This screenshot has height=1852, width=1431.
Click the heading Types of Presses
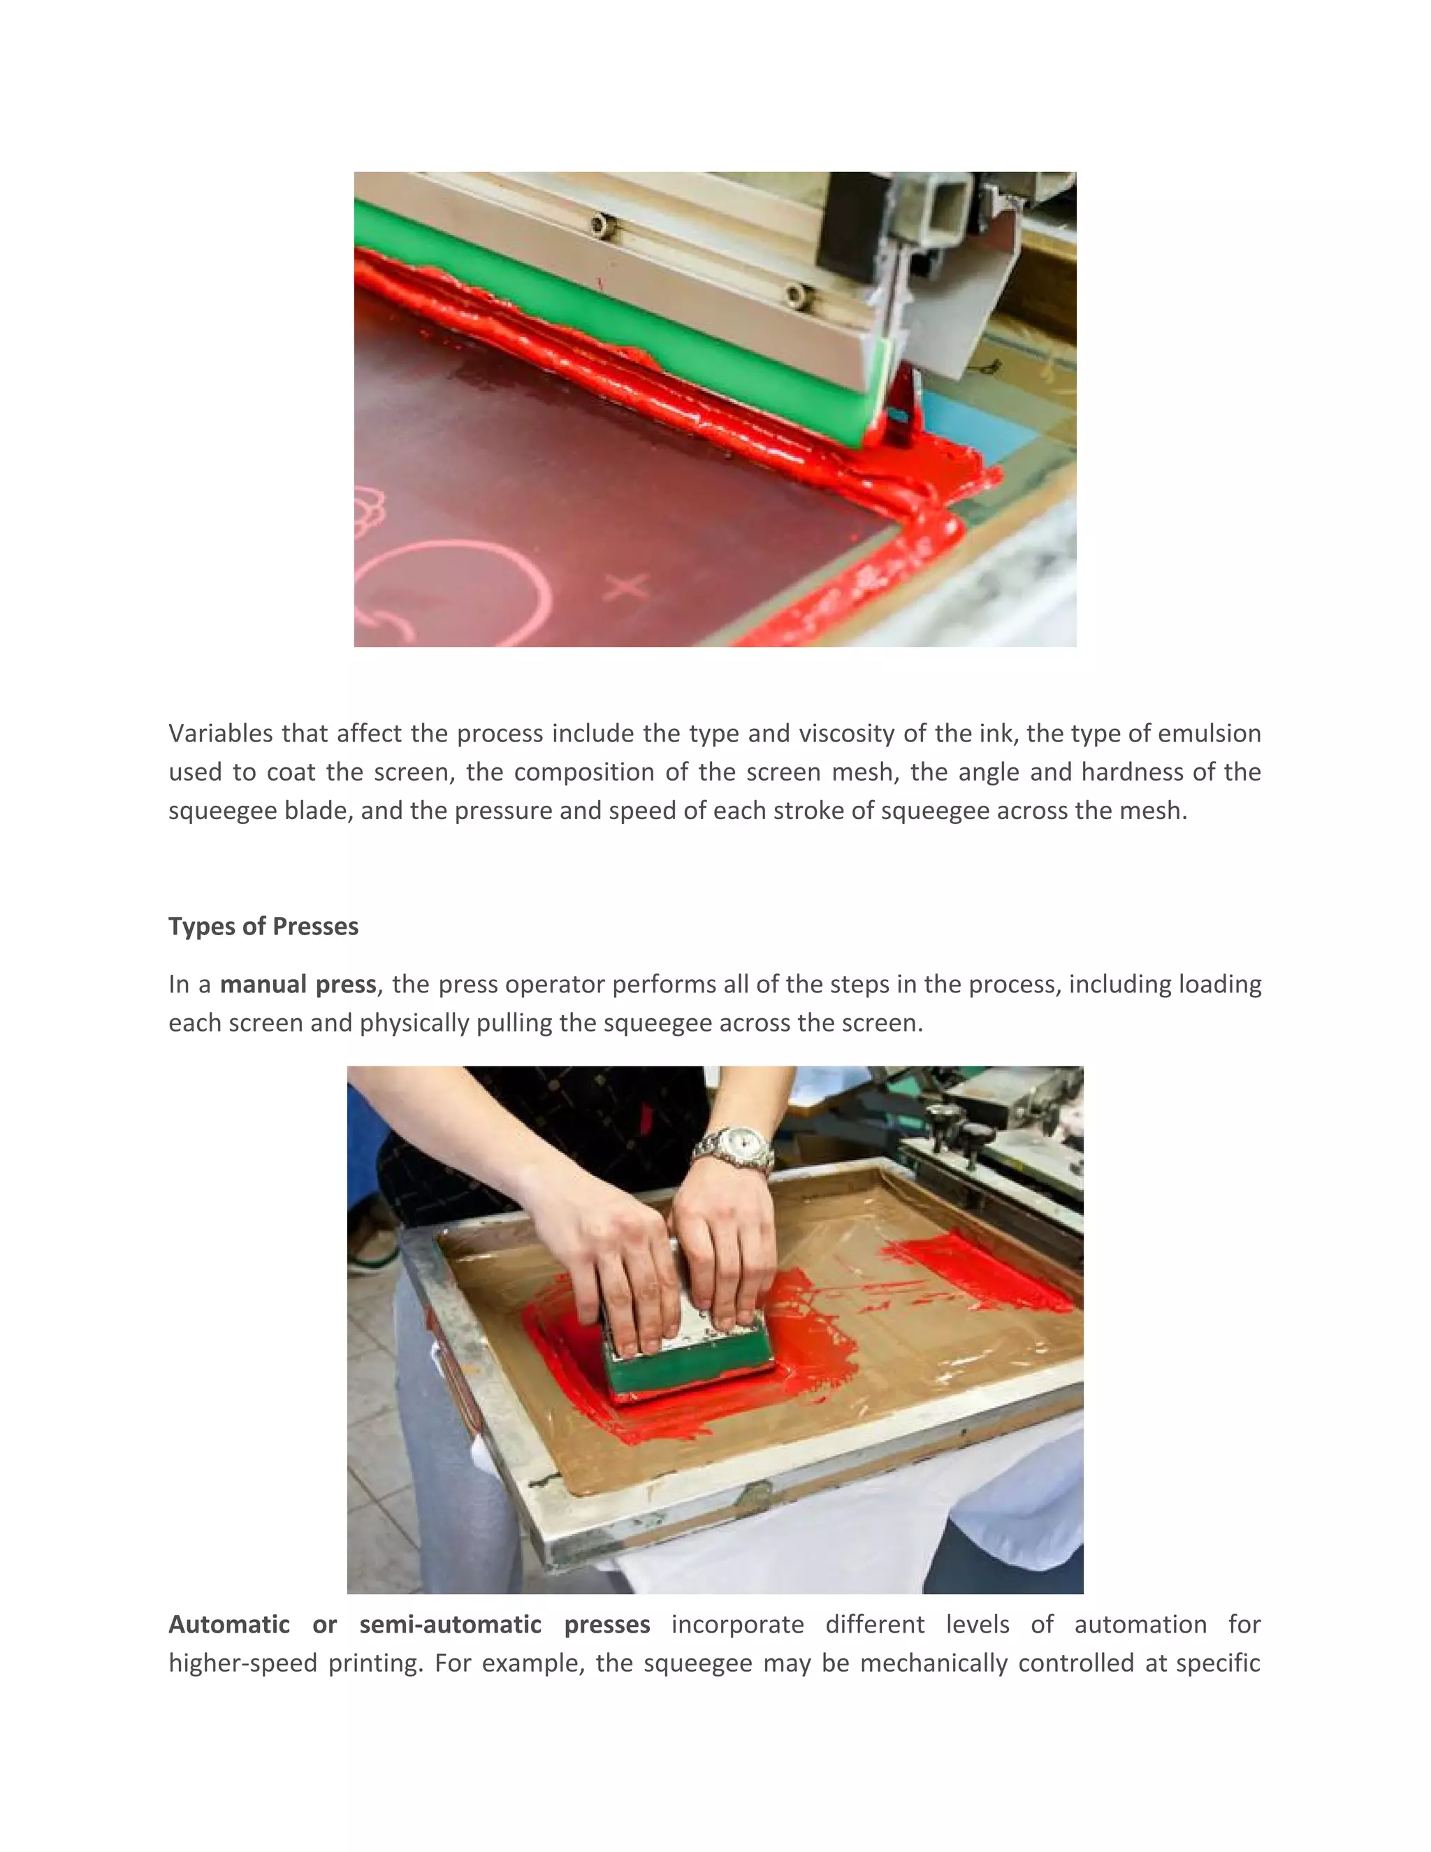[x=263, y=926]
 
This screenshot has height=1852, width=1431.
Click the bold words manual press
[x=298, y=985]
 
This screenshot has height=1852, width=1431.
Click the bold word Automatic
[x=229, y=1624]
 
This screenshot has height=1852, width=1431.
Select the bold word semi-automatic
[x=450, y=1624]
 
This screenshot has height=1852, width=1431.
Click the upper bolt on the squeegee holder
[x=600, y=226]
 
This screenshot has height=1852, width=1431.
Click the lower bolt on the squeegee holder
[x=795, y=294]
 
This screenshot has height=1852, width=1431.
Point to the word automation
[x=1140, y=1624]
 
